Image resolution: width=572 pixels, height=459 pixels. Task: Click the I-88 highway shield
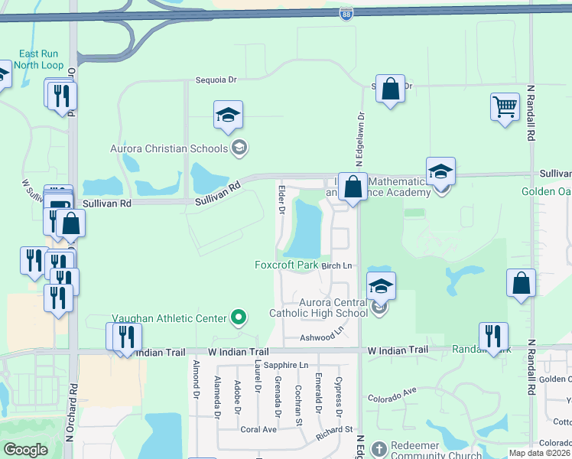pyautogui.click(x=346, y=13)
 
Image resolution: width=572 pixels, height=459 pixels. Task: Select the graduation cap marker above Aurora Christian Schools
pyautogui.click(x=228, y=116)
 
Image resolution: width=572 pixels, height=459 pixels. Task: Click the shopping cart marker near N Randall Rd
pyautogui.click(x=505, y=108)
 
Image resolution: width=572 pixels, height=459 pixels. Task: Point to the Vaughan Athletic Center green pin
pyautogui.click(x=239, y=317)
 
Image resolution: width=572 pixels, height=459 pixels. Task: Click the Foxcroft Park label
pyautogui.click(x=286, y=265)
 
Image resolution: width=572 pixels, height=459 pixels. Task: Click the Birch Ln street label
pyautogui.click(x=336, y=265)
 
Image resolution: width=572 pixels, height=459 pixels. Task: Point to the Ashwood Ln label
pyautogui.click(x=323, y=336)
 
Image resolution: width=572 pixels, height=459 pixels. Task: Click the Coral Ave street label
pyautogui.click(x=258, y=429)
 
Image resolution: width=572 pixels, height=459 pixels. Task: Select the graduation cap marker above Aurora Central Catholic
pyautogui.click(x=381, y=287)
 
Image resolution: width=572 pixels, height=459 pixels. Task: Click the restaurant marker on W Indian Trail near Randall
pyautogui.click(x=494, y=336)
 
